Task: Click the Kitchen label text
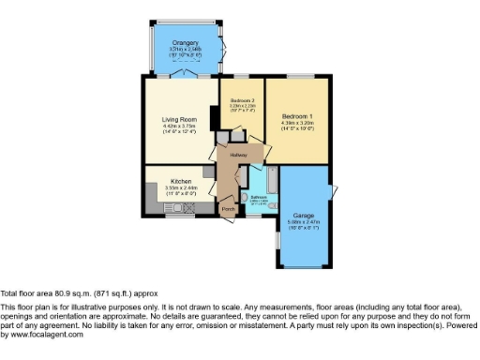(181, 180)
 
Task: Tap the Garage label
(304, 215)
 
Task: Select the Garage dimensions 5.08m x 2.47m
(304, 222)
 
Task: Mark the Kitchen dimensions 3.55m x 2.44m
(181, 187)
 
